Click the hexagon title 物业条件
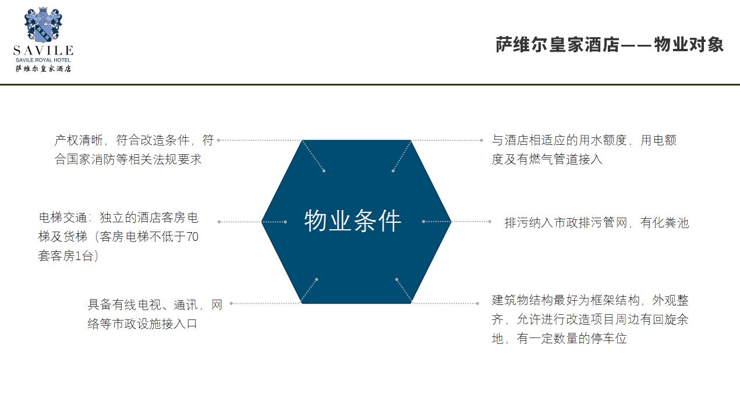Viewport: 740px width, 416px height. click(352, 221)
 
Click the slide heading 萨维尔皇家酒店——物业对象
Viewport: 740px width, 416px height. click(610, 45)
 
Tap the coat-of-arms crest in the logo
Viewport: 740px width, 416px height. click(43, 25)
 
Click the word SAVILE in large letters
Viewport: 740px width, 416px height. click(43, 51)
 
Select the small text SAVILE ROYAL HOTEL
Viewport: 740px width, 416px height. click(43, 60)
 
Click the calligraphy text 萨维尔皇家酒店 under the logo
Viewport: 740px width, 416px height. click(43, 69)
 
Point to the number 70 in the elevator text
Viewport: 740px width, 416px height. click(192, 237)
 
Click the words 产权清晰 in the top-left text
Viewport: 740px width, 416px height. click(79, 140)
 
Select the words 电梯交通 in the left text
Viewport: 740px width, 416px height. click(63, 218)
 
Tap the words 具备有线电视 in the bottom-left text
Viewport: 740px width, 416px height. click(124, 304)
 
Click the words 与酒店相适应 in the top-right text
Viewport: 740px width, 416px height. click(528, 140)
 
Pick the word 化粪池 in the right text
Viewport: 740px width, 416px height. click(671, 222)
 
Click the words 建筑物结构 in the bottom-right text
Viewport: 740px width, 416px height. click(522, 300)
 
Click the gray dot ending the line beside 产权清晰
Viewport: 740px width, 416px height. click(219, 140)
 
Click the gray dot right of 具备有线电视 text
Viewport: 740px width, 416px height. click(231, 303)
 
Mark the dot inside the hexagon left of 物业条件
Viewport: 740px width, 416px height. click(285, 222)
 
